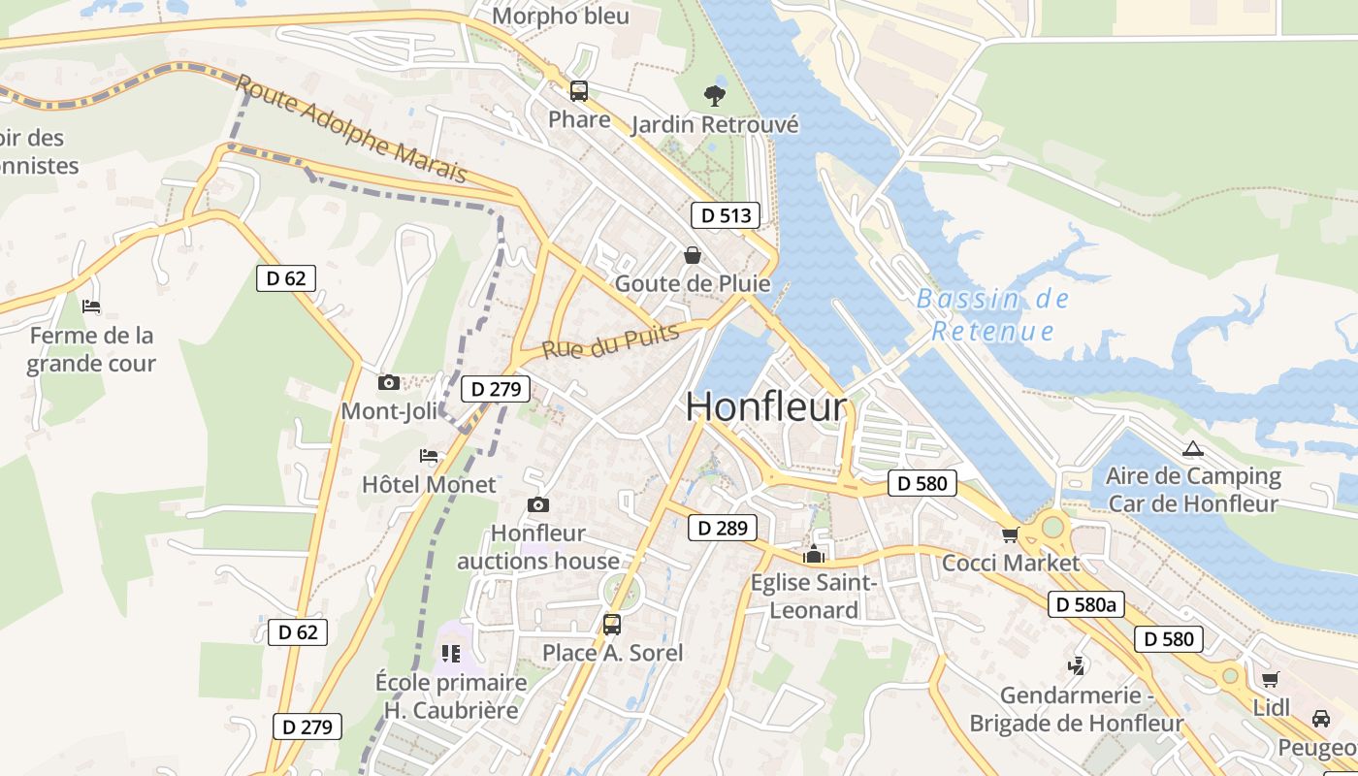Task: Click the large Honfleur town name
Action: click(x=766, y=407)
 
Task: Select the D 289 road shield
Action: click(x=723, y=528)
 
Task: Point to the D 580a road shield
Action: click(x=1085, y=604)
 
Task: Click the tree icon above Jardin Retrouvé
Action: click(x=715, y=95)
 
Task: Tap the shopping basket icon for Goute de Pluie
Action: click(x=693, y=255)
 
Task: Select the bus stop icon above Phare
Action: click(x=579, y=91)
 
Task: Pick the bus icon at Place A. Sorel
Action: click(x=612, y=625)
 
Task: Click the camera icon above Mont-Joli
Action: click(x=389, y=382)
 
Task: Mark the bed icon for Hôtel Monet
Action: click(x=429, y=455)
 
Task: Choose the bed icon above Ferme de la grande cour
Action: click(x=91, y=307)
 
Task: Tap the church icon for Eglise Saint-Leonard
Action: click(x=814, y=554)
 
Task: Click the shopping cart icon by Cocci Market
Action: click(x=1010, y=534)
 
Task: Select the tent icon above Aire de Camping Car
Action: click(x=1192, y=448)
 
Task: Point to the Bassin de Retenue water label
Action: click(x=992, y=314)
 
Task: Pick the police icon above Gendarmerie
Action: click(x=1076, y=665)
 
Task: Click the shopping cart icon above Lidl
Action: click(x=1270, y=679)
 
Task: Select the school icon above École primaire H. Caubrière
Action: click(x=451, y=653)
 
